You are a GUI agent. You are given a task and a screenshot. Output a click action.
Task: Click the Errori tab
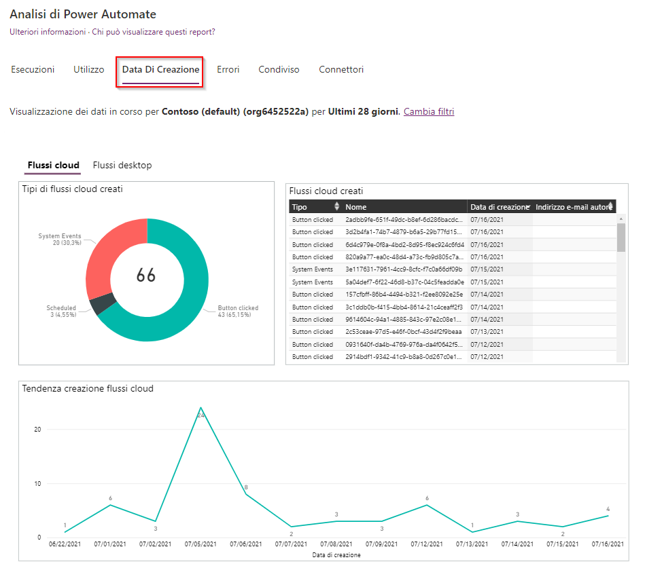click(x=228, y=69)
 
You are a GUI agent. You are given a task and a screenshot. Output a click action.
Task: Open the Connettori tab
click(x=341, y=69)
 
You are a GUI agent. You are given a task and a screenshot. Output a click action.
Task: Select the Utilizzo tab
click(x=89, y=69)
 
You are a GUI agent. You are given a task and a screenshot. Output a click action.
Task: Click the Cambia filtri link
click(x=429, y=111)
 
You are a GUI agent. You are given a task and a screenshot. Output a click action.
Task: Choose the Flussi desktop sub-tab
click(x=122, y=165)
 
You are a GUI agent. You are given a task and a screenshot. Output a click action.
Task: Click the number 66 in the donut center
click(x=146, y=275)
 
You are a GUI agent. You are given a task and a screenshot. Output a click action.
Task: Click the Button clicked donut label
click(x=238, y=308)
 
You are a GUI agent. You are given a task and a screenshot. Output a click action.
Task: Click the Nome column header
click(x=355, y=207)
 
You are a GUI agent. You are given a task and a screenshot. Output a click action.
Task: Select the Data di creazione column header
click(x=498, y=207)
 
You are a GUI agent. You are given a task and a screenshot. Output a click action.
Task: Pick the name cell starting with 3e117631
click(x=404, y=269)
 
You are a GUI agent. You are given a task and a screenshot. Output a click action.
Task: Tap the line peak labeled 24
click(x=201, y=408)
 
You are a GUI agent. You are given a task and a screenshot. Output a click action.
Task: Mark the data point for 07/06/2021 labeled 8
click(x=246, y=494)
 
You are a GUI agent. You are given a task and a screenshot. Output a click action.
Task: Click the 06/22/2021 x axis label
click(x=65, y=544)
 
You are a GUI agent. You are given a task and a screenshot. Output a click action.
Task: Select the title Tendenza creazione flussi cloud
click(x=88, y=389)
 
